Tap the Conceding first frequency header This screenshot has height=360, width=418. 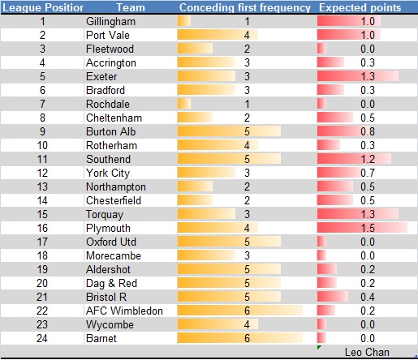[x=245, y=7]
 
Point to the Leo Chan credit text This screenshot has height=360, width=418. [x=367, y=352]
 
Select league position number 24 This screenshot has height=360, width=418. [x=42, y=337]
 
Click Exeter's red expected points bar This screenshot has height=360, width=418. [x=357, y=76]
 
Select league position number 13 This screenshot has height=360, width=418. [x=42, y=186]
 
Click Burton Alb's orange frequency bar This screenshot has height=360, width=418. [x=228, y=131]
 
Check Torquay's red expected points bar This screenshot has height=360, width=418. [x=358, y=214]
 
